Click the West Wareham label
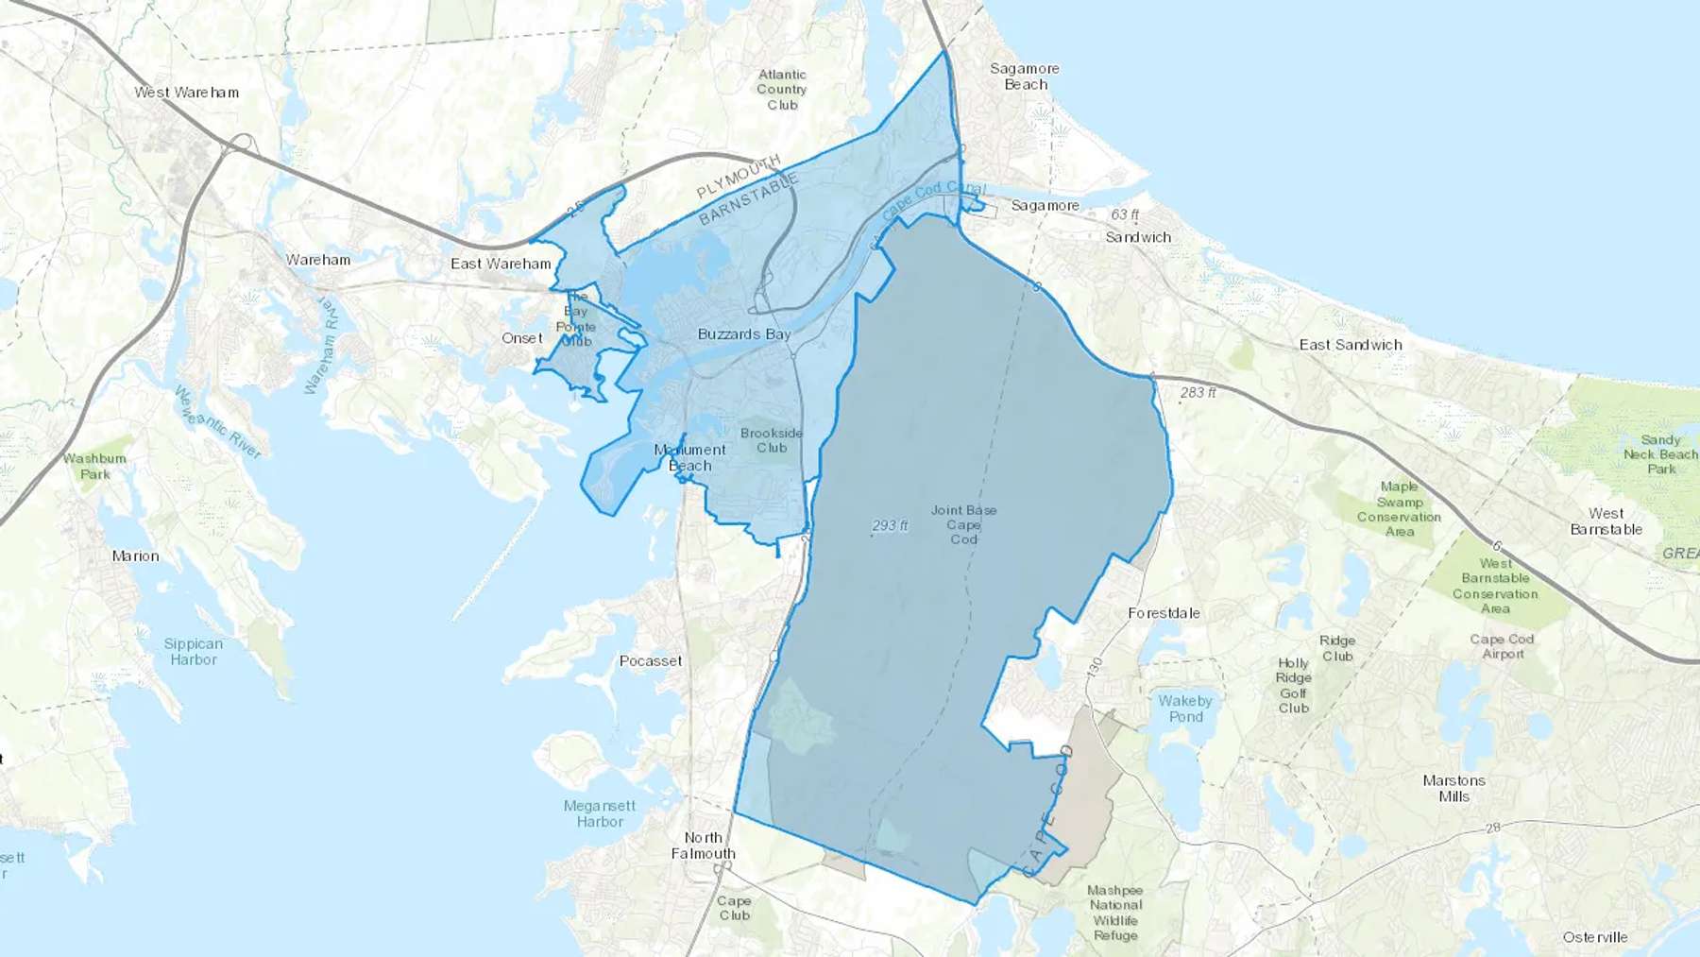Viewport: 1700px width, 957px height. coord(186,93)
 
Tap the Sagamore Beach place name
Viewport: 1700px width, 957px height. coord(1025,77)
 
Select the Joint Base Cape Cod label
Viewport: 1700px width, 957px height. coord(963,524)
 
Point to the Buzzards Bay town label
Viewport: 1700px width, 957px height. coord(743,334)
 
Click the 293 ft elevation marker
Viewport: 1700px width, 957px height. coord(890,525)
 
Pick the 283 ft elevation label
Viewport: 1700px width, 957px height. coord(1198,392)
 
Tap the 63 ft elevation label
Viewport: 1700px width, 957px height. coord(1124,215)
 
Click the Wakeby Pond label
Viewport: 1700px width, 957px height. coord(1185,709)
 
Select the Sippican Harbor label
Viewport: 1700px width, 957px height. coord(194,652)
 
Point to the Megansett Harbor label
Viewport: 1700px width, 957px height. coord(600,813)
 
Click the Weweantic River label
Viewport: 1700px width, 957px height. coord(218,422)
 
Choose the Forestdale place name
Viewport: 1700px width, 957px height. coord(1164,613)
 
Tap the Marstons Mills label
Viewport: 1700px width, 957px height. coord(1454,788)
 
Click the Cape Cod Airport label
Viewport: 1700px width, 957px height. coord(1502,646)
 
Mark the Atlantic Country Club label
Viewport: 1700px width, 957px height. coord(782,90)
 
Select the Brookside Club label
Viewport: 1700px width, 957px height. coord(772,440)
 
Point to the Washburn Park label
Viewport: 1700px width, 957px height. coord(94,466)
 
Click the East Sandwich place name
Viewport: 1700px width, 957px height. coord(1351,345)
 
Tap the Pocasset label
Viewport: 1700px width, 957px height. coord(651,661)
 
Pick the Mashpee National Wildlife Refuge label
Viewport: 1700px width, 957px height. coord(1115,913)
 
